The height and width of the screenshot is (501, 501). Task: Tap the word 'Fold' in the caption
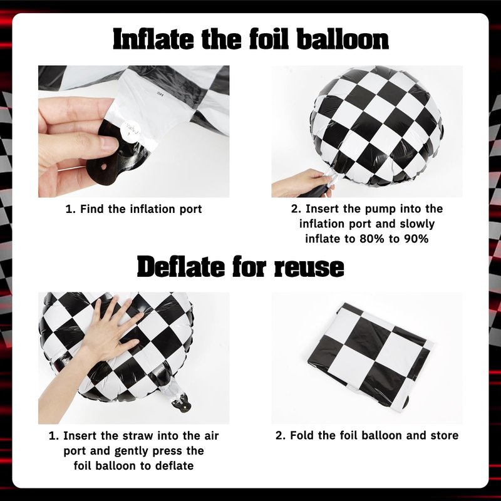[301, 435]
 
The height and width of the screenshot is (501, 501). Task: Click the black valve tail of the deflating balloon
[181, 404]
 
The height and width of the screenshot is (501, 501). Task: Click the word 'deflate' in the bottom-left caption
[174, 466]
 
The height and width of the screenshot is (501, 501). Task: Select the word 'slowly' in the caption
[417, 224]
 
